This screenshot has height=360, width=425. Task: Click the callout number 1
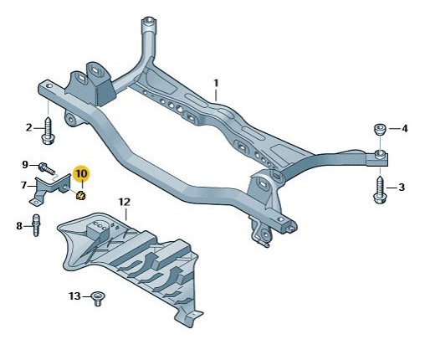216,84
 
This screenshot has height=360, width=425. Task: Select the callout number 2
29,128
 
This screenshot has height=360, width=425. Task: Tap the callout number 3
402,187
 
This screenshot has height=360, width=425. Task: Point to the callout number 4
405,129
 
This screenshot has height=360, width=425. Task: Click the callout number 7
23,185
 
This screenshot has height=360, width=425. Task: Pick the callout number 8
19,226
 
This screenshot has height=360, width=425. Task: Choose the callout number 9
25,165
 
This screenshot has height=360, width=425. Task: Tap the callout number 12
125,202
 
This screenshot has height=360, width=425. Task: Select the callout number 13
74,296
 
